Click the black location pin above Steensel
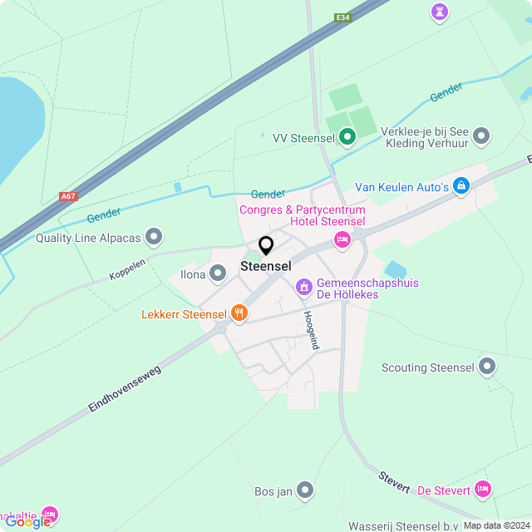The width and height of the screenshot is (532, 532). (x=266, y=245)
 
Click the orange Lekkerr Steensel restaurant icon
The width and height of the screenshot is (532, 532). (x=239, y=313)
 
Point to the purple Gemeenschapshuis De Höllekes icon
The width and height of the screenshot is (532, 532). (x=303, y=288)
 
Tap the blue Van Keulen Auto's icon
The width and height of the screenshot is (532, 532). (x=461, y=186)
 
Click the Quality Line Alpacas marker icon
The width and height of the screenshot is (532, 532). (x=153, y=238)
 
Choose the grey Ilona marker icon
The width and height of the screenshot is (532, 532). (x=218, y=273)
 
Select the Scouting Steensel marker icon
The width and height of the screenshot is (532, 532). (x=487, y=367)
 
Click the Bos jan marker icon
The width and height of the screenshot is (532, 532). (x=306, y=490)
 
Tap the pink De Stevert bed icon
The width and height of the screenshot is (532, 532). (x=483, y=489)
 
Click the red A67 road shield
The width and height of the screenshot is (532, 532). (x=68, y=197)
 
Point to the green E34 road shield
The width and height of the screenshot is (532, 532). (x=342, y=17)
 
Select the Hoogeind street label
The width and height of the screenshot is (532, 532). (x=311, y=330)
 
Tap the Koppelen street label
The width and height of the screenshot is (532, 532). (x=127, y=269)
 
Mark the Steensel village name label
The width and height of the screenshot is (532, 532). (x=266, y=266)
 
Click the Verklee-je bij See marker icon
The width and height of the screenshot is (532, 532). (x=481, y=136)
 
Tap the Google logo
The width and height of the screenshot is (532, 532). (x=27, y=521)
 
